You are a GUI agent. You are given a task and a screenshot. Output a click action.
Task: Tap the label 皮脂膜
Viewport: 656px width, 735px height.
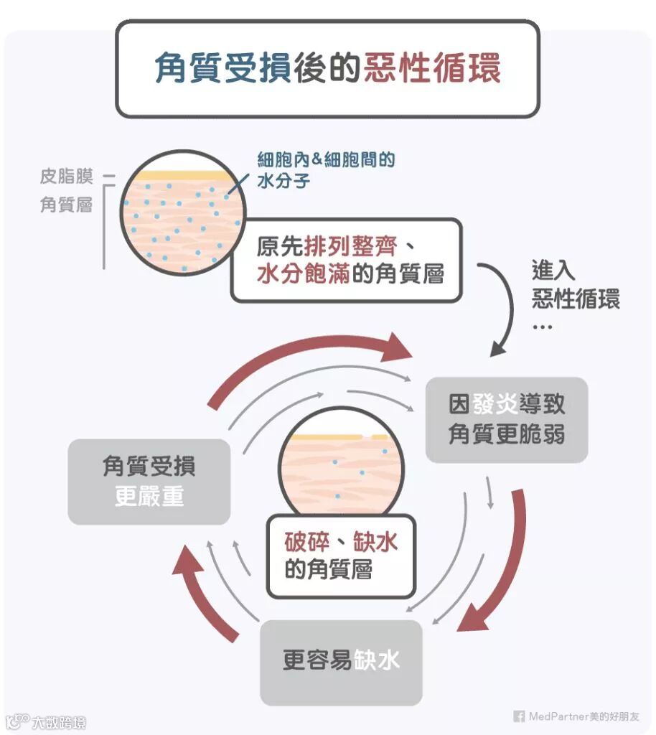[66, 177]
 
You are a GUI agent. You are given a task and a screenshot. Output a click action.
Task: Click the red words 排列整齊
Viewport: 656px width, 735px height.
[350, 246]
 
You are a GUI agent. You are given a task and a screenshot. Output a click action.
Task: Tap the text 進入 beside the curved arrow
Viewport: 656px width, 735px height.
[553, 271]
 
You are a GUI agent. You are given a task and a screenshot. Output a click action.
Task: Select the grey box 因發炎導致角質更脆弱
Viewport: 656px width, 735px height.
[506, 419]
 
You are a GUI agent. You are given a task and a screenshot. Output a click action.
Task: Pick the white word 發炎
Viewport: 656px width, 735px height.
[495, 404]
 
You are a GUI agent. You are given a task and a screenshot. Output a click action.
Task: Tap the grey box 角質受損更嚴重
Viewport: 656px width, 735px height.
[149, 482]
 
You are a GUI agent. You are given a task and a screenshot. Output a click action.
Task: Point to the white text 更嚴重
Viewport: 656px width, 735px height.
[149, 496]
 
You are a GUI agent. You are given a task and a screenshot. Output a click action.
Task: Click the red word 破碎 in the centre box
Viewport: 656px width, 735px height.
[307, 541]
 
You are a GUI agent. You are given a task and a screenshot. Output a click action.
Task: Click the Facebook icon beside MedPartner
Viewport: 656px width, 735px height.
[518, 716]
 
